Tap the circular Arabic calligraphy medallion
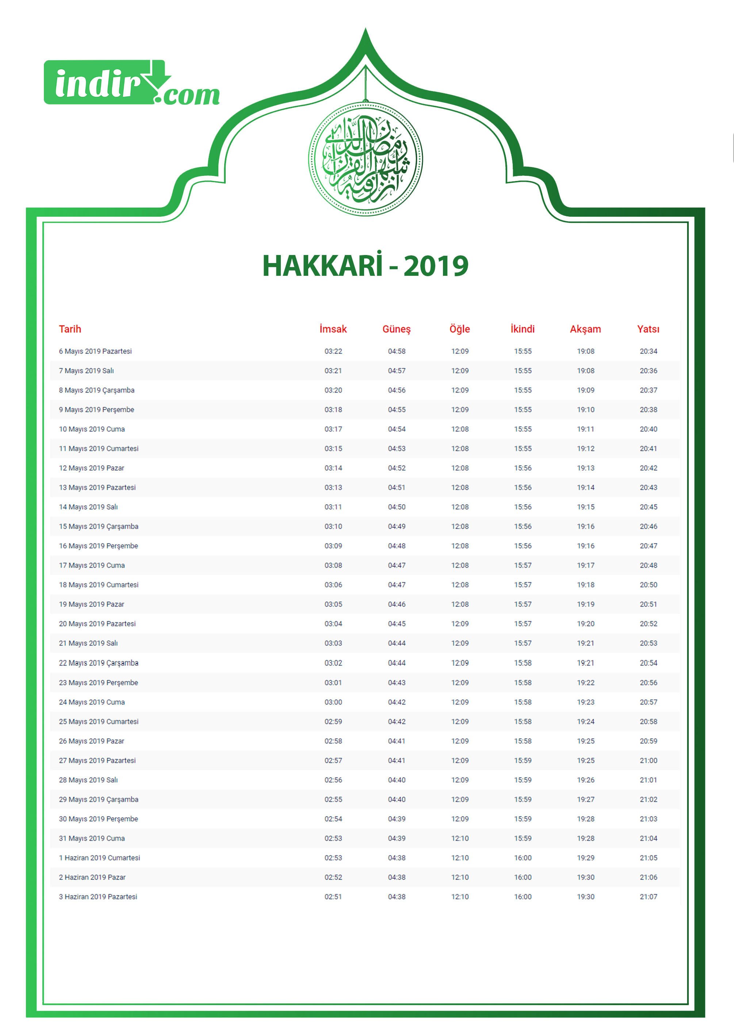coord(365,159)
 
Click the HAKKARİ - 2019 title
coord(365,266)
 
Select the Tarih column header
coord(70,329)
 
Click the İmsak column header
coord(333,329)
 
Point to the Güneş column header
coord(396,329)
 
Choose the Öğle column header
coord(460,329)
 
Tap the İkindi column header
coord(523,329)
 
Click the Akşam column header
coord(585,329)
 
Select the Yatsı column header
coord(648,329)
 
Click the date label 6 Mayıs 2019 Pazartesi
coord(95,351)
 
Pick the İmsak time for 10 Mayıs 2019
coord(333,429)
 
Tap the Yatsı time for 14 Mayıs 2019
coord(648,507)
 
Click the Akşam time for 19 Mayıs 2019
coord(585,604)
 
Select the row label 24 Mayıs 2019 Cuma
coord(92,702)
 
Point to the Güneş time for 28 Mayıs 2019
coord(396,780)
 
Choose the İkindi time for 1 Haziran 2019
coord(523,858)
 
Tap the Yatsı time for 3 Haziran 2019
coord(648,896)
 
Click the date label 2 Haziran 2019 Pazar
coord(92,877)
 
